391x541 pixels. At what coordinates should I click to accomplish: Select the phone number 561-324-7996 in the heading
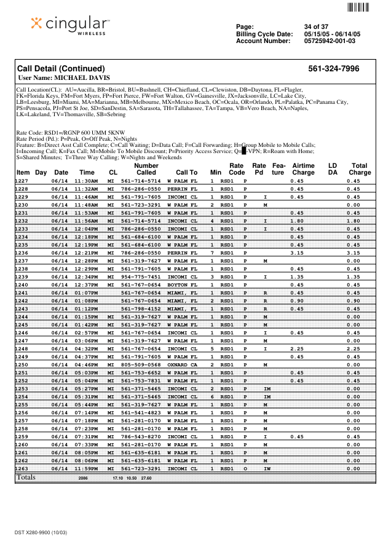pos(333,69)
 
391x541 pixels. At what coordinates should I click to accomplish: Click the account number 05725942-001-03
pos(330,41)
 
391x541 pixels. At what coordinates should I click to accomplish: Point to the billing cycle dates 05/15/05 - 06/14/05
pos(332,34)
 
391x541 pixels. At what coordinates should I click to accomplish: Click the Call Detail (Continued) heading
pos(61,69)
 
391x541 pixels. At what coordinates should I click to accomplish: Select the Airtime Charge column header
pos(303,169)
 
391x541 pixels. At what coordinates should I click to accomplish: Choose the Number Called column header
pos(146,169)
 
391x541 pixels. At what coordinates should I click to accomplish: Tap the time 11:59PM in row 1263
pos(87,468)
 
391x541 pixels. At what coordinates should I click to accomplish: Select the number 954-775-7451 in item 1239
pos(141,277)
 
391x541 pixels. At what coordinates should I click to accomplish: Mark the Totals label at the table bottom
pos(26,477)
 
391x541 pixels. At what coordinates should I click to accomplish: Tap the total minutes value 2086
pos(83,478)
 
